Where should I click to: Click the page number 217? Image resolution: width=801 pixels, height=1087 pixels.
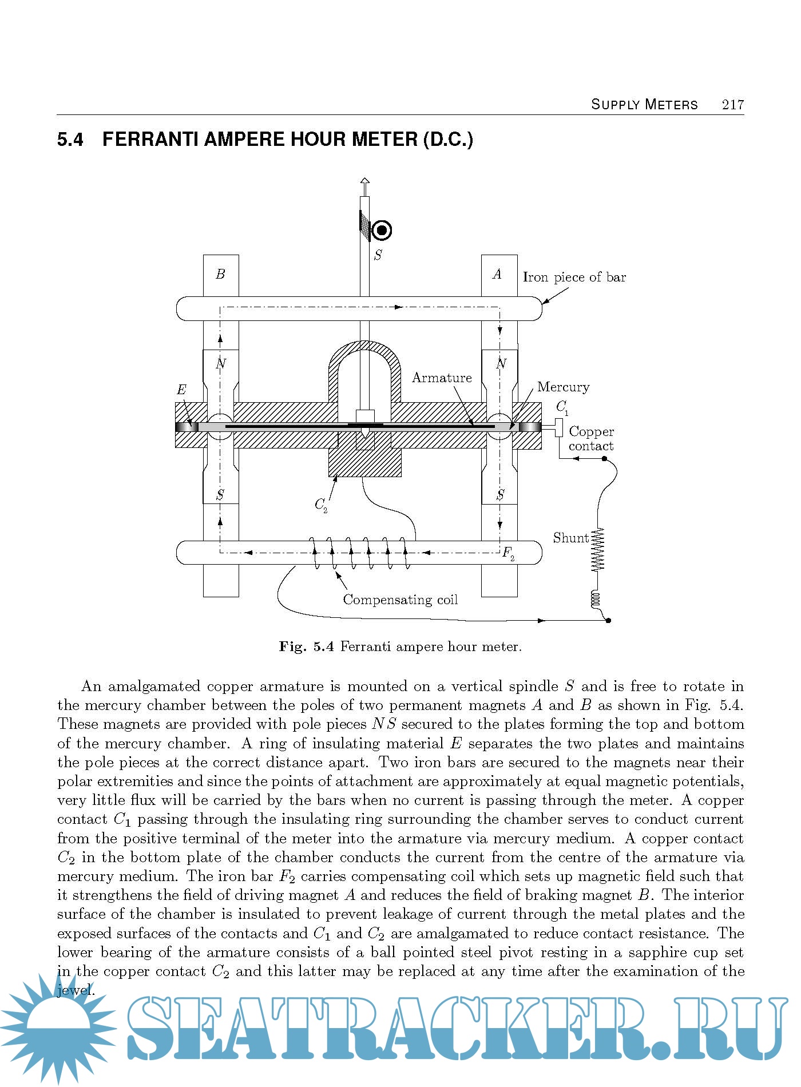pyautogui.click(x=732, y=105)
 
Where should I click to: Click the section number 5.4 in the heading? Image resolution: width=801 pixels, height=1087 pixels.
pyautogui.click(x=70, y=140)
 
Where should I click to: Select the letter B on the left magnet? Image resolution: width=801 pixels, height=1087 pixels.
pyautogui.click(x=220, y=274)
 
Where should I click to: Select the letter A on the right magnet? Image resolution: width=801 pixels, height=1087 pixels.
pyautogui.click(x=497, y=274)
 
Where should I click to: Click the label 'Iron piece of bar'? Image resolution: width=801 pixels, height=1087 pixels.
pyautogui.click(x=574, y=277)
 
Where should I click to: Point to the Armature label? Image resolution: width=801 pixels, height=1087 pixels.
pyautogui.click(x=442, y=378)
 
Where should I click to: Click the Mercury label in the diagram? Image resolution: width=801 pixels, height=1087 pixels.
pyautogui.click(x=563, y=387)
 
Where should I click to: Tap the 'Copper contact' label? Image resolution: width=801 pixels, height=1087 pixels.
pyautogui.click(x=591, y=439)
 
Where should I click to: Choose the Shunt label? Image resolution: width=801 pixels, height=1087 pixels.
pyautogui.click(x=570, y=538)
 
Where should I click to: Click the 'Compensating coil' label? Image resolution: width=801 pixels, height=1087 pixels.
pyautogui.click(x=400, y=600)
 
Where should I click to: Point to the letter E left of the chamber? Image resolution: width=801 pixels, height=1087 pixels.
pyautogui.click(x=181, y=390)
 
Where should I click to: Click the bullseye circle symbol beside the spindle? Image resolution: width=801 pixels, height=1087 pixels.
pyautogui.click(x=382, y=231)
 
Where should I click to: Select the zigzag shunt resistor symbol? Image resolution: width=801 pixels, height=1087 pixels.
pyautogui.click(x=598, y=550)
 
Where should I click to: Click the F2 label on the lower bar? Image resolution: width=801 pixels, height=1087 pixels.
pyautogui.click(x=508, y=553)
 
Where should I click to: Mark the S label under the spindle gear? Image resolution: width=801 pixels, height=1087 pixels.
pyautogui.click(x=378, y=255)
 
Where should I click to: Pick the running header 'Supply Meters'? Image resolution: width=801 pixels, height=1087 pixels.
pyautogui.click(x=644, y=105)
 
